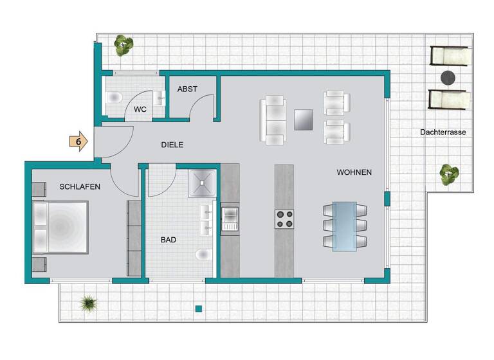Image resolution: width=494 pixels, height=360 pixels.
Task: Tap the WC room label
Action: pyautogui.click(x=140, y=110)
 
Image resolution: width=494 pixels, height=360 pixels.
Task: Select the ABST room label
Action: pyautogui.click(x=187, y=89)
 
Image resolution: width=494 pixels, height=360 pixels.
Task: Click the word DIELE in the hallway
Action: pyautogui.click(x=172, y=145)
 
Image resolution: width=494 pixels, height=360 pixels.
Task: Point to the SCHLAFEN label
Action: pyautogui.click(x=79, y=187)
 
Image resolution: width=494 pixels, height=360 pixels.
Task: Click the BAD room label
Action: pyautogui.click(x=169, y=240)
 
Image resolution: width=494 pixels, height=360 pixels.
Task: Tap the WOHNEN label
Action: pyautogui.click(x=354, y=173)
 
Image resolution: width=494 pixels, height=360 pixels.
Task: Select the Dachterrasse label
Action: pyautogui.click(x=443, y=132)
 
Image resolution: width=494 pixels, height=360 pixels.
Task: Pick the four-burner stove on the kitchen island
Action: pyautogui.click(x=285, y=219)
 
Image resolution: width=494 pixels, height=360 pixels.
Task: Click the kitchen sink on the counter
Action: pyautogui.click(x=230, y=219)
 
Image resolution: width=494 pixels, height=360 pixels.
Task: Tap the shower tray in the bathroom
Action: pyautogui.click(x=205, y=182)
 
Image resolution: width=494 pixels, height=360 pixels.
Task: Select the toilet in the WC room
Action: pyautogui.click(x=114, y=98)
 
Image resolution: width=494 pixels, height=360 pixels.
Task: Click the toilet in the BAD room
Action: pyautogui.click(x=204, y=255)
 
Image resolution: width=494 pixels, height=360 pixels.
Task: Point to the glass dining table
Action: pyautogui.click(x=344, y=226)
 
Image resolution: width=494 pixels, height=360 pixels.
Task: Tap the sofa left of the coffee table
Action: pyautogui.click(x=273, y=120)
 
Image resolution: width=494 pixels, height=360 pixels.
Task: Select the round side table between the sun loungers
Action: pyautogui.click(x=448, y=78)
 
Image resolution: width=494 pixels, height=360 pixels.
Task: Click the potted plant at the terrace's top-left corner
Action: pyautogui.click(x=123, y=45)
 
